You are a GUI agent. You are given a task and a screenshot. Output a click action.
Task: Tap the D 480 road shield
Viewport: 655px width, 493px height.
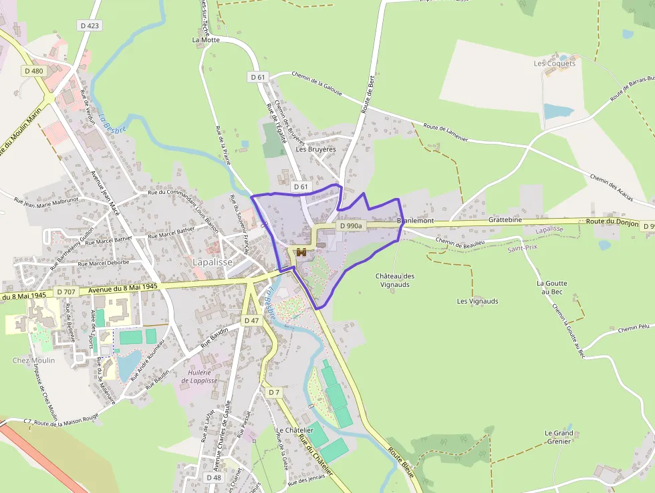(x=33, y=71)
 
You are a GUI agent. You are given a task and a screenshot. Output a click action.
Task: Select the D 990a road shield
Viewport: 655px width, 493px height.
(x=350, y=226)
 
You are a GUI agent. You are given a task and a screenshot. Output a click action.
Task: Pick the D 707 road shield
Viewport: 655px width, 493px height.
(x=66, y=292)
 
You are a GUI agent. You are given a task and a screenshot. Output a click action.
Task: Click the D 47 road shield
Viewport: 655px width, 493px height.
(x=251, y=321)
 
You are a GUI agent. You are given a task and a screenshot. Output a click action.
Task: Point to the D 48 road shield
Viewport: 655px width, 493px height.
(x=214, y=478)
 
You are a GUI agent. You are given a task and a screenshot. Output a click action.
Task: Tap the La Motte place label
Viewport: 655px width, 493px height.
(x=206, y=39)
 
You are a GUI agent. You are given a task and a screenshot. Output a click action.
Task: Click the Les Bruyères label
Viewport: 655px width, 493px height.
(x=315, y=149)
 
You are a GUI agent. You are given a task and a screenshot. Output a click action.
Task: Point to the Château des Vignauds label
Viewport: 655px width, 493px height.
(x=395, y=280)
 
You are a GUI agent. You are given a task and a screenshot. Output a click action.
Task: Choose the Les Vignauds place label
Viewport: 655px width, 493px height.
(x=477, y=301)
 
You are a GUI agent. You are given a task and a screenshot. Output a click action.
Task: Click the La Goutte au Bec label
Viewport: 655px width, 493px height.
(x=553, y=288)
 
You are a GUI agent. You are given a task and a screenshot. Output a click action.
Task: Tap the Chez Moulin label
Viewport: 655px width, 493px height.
(x=33, y=361)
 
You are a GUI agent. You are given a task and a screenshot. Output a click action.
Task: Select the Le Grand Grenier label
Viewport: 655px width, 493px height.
(x=559, y=437)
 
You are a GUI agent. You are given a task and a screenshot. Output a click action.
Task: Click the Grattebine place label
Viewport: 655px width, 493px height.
(x=505, y=219)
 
